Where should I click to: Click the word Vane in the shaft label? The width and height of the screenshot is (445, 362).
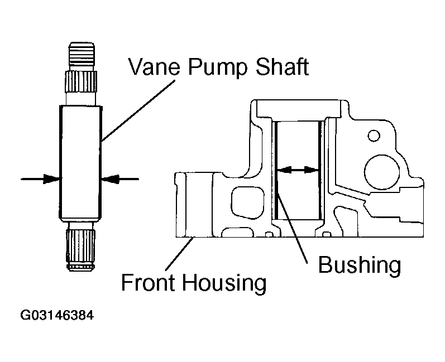click(x=154, y=67)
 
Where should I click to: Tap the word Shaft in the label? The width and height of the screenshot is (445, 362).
click(x=283, y=66)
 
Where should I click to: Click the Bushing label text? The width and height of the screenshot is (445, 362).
click(x=360, y=266)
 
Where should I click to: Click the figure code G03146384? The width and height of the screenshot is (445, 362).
click(x=57, y=315)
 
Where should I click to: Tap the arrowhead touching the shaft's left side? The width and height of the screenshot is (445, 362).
click(x=52, y=179)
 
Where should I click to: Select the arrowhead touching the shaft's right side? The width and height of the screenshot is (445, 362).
click(x=109, y=179)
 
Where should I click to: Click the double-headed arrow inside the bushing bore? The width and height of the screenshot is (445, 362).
click(x=298, y=170)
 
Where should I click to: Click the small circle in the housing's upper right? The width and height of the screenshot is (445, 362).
click(x=374, y=135)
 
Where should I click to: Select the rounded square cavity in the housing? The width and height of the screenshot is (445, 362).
click(x=248, y=202)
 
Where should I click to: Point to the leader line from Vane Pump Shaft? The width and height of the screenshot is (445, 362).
click(x=138, y=110)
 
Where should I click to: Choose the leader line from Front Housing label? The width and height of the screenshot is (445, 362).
click(x=179, y=254)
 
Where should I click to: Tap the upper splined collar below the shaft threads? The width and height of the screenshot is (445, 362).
click(x=82, y=81)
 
